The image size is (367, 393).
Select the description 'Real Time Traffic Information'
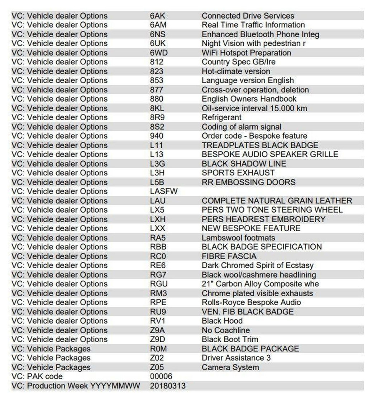tap(253, 25)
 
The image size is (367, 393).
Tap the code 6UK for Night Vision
tap(158, 44)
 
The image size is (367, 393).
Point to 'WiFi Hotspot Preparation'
tap(246, 53)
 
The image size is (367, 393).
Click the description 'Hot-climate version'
tap(236, 71)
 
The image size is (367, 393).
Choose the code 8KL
tap(158, 108)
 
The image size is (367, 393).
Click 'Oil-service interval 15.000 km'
tap(254, 108)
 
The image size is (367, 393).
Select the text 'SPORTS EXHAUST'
tap(238, 173)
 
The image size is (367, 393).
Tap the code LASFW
tap(163, 191)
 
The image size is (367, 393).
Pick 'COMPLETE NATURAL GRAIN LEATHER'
tap(277, 201)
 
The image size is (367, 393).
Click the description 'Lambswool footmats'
tap(238, 238)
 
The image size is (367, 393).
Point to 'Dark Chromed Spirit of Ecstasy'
tap(257, 266)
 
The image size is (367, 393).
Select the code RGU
tap(159, 284)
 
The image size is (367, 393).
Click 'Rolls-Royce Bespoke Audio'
tap(251, 302)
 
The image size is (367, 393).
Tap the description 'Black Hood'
tap(222, 321)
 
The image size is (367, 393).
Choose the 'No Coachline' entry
tap(226, 330)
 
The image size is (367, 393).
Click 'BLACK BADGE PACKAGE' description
tap(250, 349)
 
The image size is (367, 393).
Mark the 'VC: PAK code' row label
tap(37, 376)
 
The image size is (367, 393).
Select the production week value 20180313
tap(168, 385)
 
